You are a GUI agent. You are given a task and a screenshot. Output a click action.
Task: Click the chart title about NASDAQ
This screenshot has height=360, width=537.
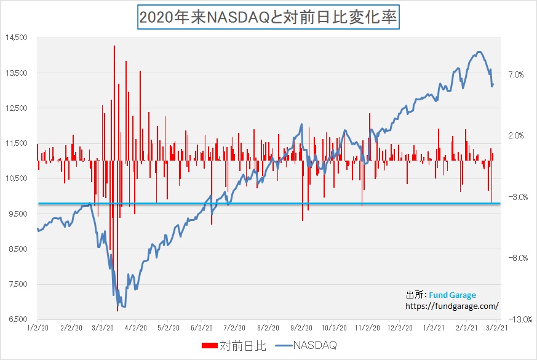268,18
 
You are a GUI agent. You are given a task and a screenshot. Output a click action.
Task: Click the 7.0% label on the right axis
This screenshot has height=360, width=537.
516,74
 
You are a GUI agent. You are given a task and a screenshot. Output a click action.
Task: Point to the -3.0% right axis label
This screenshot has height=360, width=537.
515,197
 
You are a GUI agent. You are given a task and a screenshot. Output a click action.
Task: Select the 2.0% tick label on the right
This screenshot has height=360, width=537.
516,135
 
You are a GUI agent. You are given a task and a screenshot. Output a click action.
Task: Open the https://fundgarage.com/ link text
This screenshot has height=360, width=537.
451,305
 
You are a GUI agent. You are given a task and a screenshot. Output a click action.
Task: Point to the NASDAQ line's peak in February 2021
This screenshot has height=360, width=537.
479,52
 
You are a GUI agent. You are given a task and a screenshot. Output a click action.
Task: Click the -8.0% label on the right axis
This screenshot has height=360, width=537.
515,258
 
